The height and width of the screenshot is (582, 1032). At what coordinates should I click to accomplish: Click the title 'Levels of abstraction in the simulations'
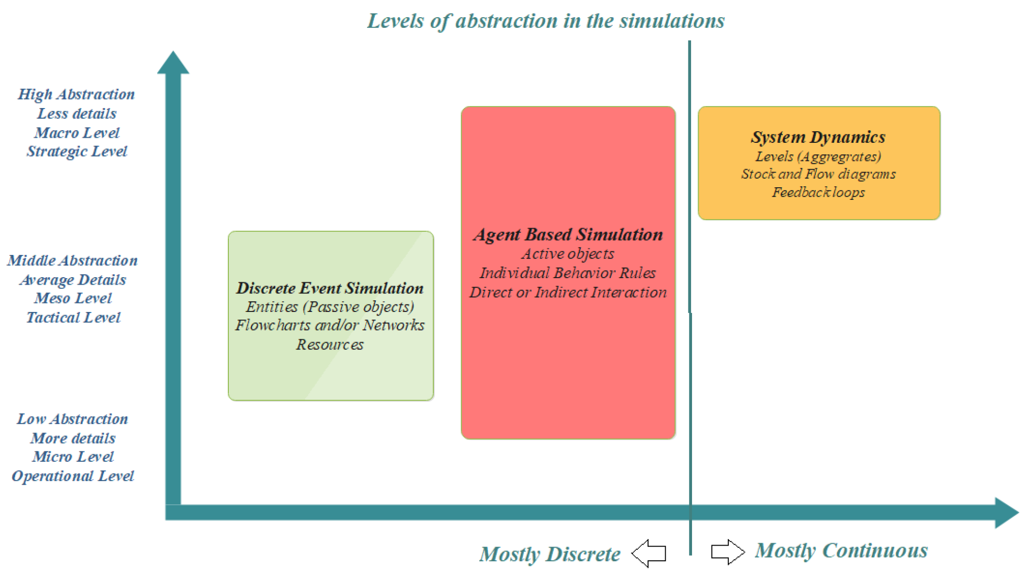[x=546, y=21]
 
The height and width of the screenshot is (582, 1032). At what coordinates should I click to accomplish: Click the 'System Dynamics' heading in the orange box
[x=818, y=137]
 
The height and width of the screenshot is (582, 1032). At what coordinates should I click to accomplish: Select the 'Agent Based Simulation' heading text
[x=568, y=235]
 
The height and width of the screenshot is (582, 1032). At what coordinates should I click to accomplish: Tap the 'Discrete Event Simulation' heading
[x=330, y=288]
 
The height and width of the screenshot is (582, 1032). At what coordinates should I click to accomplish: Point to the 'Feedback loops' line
[x=818, y=192]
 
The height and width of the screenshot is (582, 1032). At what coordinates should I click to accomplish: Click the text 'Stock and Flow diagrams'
[x=818, y=174]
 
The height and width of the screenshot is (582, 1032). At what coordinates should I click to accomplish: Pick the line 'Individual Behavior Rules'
[x=567, y=273]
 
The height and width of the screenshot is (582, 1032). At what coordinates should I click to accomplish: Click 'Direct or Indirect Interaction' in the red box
[x=568, y=292]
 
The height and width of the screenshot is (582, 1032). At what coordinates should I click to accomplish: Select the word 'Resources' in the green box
[x=329, y=345]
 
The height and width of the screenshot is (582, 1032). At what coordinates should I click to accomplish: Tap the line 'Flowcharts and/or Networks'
[x=329, y=326]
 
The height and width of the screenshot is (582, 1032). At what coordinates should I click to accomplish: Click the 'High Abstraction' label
[x=76, y=94]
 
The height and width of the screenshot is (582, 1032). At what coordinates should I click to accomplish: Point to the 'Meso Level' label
[x=73, y=298]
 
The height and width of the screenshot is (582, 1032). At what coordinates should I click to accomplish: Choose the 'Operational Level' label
[x=73, y=476]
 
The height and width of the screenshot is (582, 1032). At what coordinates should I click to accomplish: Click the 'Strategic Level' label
[x=77, y=151]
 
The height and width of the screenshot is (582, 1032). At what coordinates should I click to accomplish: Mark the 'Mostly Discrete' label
[x=550, y=554]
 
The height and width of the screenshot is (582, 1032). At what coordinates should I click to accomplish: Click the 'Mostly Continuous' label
[x=841, y=550]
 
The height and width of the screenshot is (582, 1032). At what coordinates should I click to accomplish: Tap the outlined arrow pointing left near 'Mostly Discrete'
[x=649, y=553]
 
